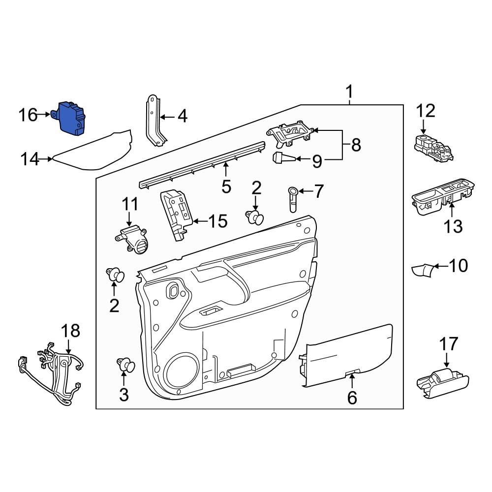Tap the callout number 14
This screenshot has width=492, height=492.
coord(30,159)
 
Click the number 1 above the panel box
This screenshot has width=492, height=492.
coord(349,92)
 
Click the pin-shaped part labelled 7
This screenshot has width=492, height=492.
coord(292,199)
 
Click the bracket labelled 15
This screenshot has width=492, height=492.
coord(175,213)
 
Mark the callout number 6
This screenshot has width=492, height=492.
coord(352,398)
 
